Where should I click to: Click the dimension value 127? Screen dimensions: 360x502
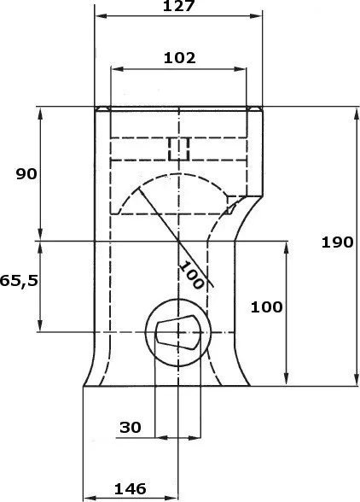pos(178,5)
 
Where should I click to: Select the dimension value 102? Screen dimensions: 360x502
pos(179,58)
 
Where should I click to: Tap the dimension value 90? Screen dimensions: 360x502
pos(26,174)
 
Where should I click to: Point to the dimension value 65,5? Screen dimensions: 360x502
pos(19,280)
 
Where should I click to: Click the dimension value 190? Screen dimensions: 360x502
pos(337,242)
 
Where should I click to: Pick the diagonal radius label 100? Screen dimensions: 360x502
pos(191,275)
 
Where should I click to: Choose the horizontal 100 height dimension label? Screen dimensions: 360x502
pos(266,307)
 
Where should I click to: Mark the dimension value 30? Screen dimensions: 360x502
pos(131,427)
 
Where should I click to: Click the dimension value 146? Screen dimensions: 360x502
pos(130,488)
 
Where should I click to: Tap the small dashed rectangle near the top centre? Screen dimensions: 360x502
pos(179,149)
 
